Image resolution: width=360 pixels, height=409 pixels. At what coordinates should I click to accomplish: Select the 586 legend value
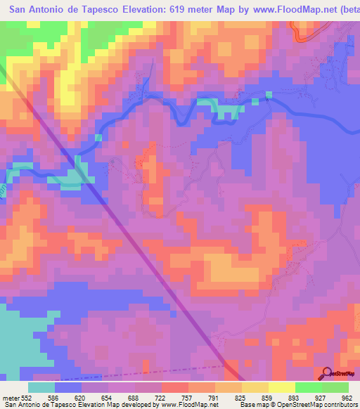tap(56, 398)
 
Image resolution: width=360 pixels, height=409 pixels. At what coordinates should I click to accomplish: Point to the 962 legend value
tap(347, 398)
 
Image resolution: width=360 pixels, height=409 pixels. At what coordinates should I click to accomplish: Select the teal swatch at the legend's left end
tap(41, 387)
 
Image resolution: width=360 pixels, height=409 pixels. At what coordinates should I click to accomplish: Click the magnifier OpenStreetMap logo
tap(328, 373)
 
